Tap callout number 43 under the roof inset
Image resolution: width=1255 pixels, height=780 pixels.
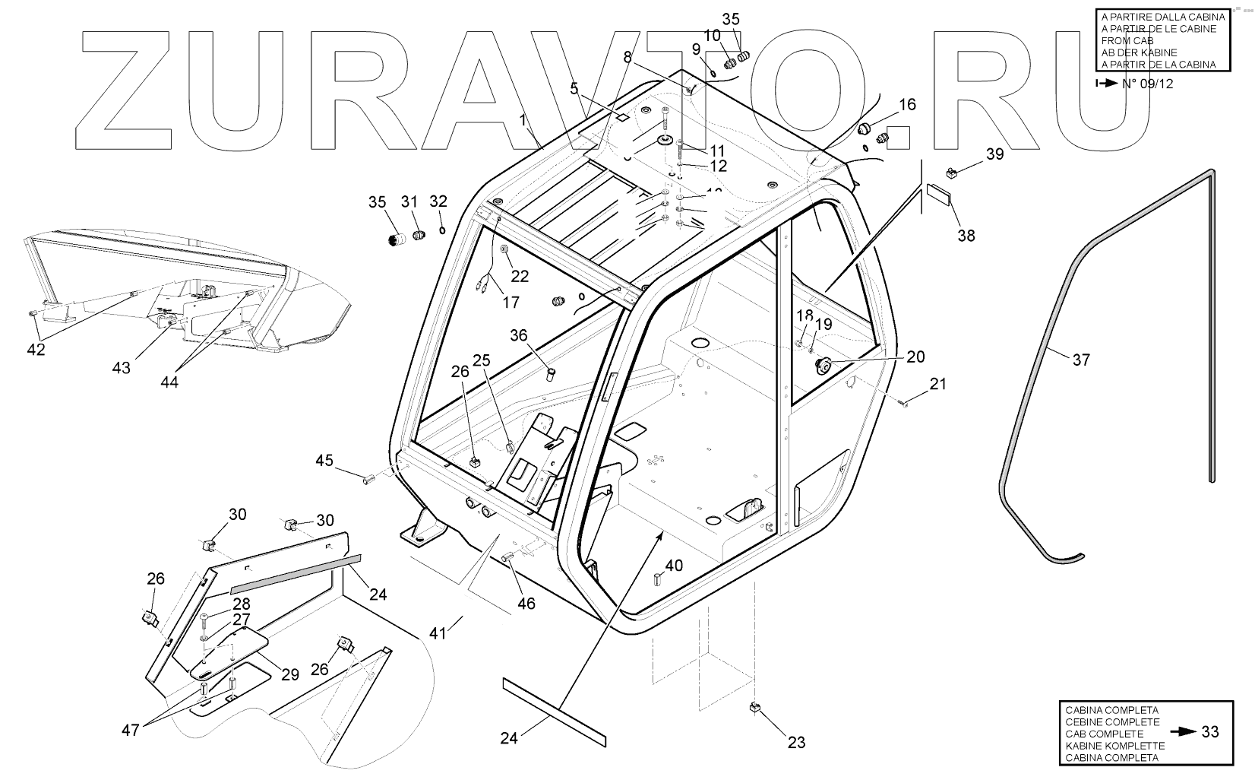pos(122,368)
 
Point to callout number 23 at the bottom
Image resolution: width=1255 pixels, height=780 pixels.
pos(796,742)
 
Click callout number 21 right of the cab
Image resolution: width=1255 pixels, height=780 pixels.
pos(938,384)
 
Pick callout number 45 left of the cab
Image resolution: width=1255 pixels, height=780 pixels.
pos(324,460)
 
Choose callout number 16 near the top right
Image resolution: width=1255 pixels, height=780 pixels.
pos(908,104)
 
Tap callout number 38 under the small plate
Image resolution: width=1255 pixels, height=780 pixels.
pos(966,236)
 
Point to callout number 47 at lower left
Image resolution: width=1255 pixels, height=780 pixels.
pos(131,730)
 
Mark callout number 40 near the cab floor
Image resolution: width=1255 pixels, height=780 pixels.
pos(674,566)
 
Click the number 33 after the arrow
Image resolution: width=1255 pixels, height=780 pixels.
pos(1210,731)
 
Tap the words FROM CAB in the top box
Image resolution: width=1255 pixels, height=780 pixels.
pos(1126,41)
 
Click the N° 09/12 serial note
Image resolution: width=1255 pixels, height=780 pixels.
pos(1147,84)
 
